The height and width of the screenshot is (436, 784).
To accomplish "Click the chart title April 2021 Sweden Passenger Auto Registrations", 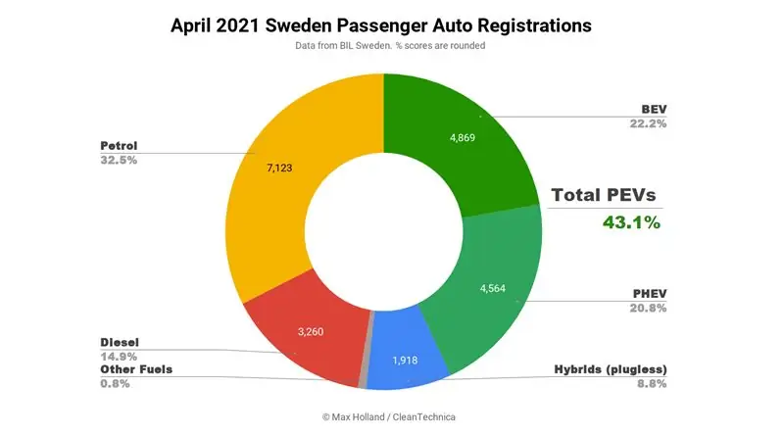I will pyautogui.click(x=382, y=25).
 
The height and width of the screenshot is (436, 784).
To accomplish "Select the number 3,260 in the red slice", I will pyautogui.click(x=317, y=331).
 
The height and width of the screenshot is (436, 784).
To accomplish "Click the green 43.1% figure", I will pyautogui.click(x=632, y=222).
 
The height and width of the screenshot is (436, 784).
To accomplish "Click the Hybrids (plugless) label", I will pyautogui.click(x=606, y=368).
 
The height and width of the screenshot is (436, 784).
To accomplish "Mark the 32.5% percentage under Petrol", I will pyautogui.click(x=119, y=160).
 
